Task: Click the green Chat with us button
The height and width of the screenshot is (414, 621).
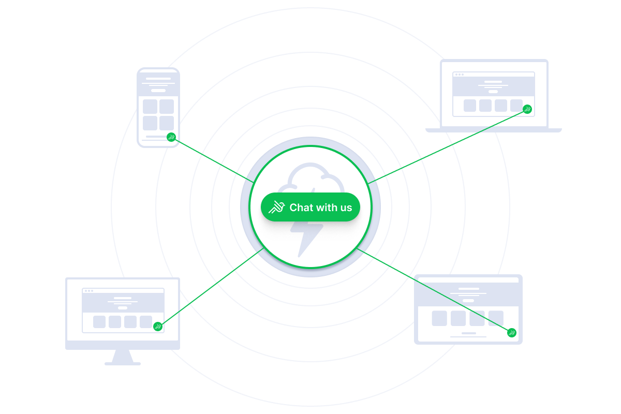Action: [x=310, y=207]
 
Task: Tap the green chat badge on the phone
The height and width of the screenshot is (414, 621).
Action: [x=171, y=137]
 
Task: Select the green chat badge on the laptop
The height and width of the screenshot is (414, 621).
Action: [x=527, y=109]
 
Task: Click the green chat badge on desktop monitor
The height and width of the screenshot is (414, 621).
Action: [x=158, y=326]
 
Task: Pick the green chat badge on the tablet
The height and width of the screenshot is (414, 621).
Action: [x=512, y=332]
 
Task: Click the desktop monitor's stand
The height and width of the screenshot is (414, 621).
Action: [x=123, y=357]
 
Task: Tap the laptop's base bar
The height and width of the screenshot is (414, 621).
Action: [x=493, y=130]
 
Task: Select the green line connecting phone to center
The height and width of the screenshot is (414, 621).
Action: [x=212, y=160]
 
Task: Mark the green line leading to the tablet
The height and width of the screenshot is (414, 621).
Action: [x=435, y=292]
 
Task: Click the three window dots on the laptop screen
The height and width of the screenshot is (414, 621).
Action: [x=459, y=75]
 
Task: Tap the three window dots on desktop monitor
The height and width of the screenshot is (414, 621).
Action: [x=88, y=291]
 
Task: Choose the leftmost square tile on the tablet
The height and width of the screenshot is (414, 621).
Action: [x=439, y=318]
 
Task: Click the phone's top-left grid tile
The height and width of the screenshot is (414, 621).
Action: [x=150, y=107]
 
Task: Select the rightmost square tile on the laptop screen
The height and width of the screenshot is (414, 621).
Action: [x=516, y=106]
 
